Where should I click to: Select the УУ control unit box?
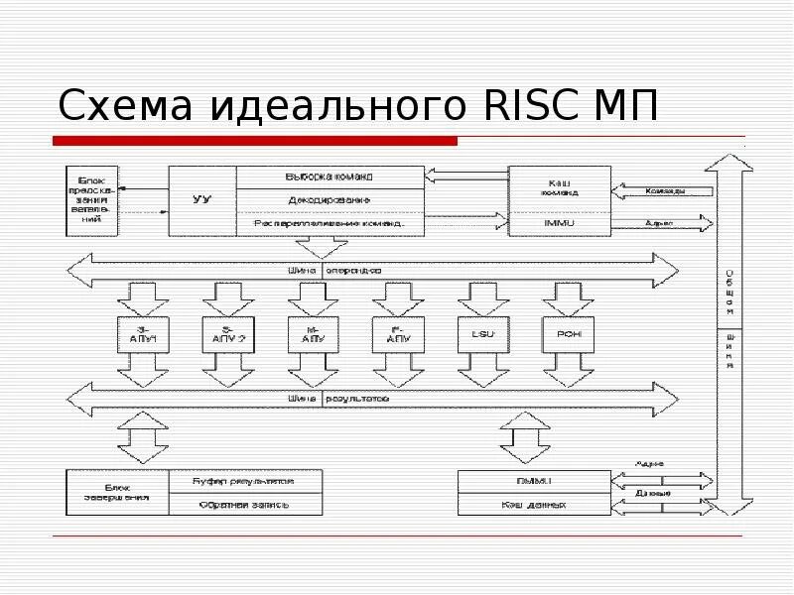click(x=201, y=200)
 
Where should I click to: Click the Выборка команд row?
click(x=331, y=177)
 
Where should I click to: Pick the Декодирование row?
click(x=331, y=200)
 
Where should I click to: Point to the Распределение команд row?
click(x=331, y=224)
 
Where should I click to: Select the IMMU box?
click(x=560, y=224)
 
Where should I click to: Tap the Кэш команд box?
click(x=560, y=187)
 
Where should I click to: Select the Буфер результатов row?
click(x=244, y=480)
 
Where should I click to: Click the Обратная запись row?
click(x=244, y=504)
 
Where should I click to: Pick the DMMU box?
click(x=533, y=480)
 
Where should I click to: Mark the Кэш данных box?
click(x=533, y=504)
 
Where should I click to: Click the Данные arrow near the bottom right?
click(x=664, y=492)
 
